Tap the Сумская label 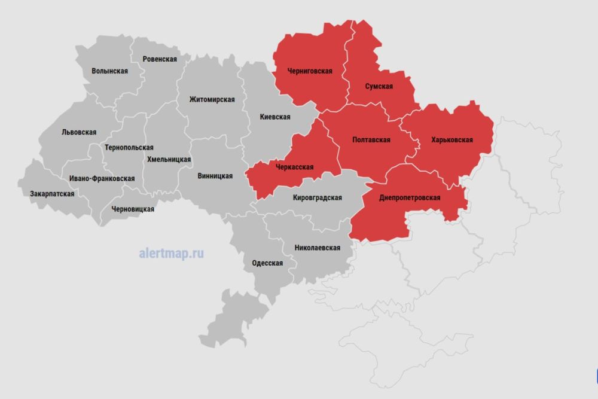(x=379, y=86)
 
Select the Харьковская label (x=452, y=140)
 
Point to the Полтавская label (x=371, y=140)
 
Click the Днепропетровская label (x=410, y=197)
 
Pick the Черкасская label (x=294, y=167)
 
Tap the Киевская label (x=275, y=117)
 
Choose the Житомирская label (x=212, y=99)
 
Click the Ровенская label (x=160, y=59)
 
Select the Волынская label (x=110, y=71)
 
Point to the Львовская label (x=79, y=132)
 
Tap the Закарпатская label (x=52, y=194)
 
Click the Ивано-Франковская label (x=102, y=178)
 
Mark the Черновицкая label (x=133, y=209)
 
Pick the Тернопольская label (x=129, y=147)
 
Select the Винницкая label (x=215, y=176)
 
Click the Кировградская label (x=318, y=197)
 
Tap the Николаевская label (x=317, y=247)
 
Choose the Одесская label (x=267, y=263)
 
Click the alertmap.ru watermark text (x=171, y=253)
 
